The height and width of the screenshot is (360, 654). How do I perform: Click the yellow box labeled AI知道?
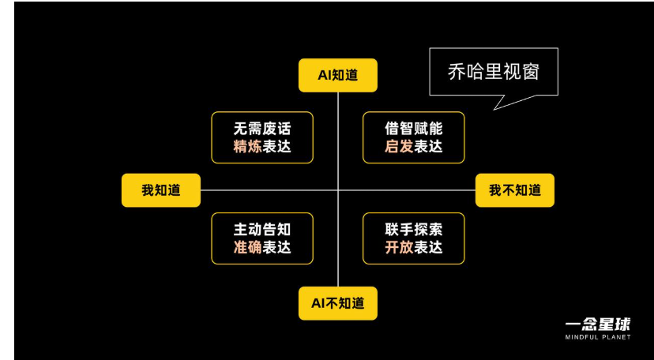[x=338, y=75]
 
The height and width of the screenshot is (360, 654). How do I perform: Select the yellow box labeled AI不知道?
[x=338, y=303]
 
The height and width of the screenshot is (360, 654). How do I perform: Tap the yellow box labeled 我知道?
[x=161, y=190]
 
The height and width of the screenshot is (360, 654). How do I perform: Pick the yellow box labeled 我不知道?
[x=515, y=190]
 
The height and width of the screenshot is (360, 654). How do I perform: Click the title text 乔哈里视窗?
[x=494, y=72]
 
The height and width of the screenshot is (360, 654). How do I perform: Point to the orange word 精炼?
[x=248, y=147]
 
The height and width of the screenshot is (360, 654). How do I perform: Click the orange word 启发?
[x=399, y=147]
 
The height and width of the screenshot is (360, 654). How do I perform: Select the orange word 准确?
[x=248, y=248]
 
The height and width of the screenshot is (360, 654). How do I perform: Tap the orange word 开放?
[x=399, y=248]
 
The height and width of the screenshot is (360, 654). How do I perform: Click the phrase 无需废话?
[x=262, y=129]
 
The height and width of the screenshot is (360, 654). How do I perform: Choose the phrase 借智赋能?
[x=413, y=129]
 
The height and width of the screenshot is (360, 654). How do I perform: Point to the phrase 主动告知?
[x=262, y=230]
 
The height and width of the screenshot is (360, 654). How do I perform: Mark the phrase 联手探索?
[x=413, y=230]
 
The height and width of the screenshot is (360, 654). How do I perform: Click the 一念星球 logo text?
[x=598, y=324]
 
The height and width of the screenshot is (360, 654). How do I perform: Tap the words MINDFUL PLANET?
[x=598, y=337]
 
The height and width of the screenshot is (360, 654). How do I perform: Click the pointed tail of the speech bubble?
[x=494, y=110]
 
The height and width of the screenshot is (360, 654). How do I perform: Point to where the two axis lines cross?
[x=338, y=190]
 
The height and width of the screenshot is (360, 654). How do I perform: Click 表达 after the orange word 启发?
[x=428, y=147]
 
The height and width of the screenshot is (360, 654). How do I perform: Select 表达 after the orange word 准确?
[x=276, y=248]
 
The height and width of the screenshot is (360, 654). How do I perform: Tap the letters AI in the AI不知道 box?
[x=318, y=303]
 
